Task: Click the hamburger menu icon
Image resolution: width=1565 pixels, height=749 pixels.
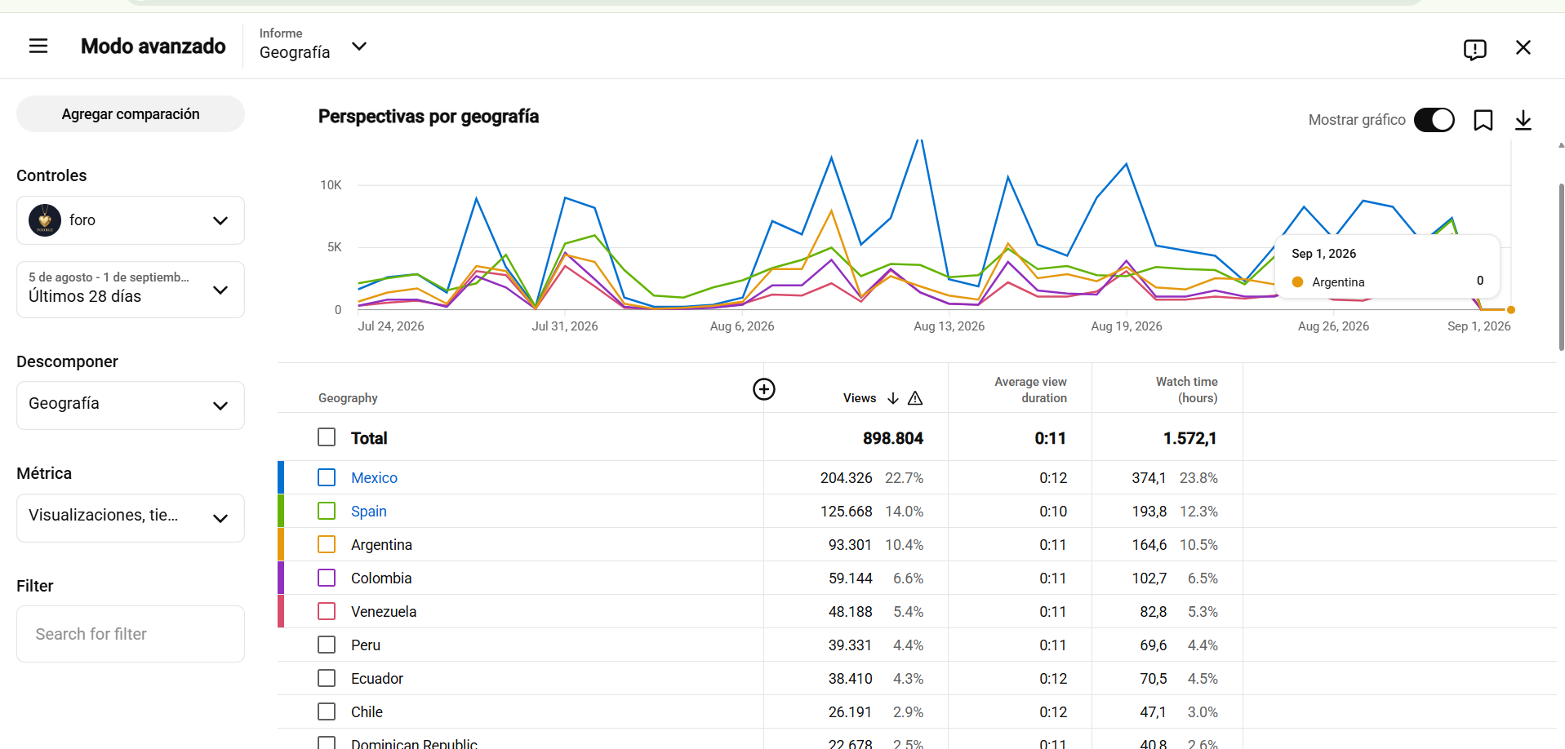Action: pos(38,46)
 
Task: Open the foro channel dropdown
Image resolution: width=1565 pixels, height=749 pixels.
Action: pos(131,220)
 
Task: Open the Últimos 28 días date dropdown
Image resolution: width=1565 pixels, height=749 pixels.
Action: pos(131,290)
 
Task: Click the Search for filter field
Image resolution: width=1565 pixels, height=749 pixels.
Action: pos(131,634)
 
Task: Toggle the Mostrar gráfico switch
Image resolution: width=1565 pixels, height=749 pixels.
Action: pos(1434,120)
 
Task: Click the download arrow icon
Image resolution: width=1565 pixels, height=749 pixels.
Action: pos(1523,120)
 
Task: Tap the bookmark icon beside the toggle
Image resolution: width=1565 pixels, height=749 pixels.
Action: pos(1483,120)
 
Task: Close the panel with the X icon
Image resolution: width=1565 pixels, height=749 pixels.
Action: pos(1523,47)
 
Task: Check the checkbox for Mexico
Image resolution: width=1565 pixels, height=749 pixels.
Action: pos(327,477)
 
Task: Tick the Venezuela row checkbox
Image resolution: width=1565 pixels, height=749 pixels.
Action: pos(327,611)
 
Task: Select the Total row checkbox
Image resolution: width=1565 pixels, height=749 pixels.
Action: pos(327,437)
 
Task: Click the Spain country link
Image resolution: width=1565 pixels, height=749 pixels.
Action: pos(369,512)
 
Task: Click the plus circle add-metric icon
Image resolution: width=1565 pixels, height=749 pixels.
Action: pos(764,389)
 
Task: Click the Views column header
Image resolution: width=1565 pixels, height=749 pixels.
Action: pos(860,398)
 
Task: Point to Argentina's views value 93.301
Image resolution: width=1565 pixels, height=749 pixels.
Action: pos(850,545)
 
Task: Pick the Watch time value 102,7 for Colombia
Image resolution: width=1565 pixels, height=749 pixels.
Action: pos(1149,578)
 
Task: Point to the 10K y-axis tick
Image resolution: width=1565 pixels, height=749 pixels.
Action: pos(331,185)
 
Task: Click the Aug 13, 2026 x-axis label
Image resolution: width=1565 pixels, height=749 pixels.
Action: pos(949,326)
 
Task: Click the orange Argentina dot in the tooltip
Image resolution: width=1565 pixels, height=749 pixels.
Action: pos(1297,281)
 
